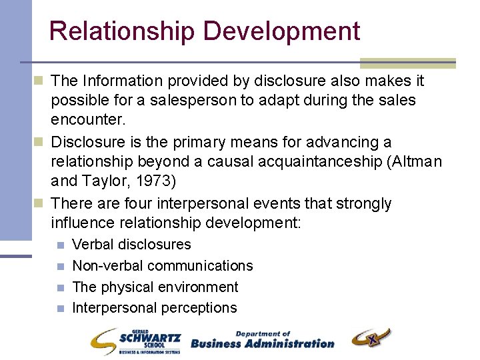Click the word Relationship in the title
(121, 31)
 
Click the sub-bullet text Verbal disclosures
(131, 245)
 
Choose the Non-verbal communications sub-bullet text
(163, 265)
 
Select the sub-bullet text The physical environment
(155, 287)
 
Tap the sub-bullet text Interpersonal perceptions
(155, 307)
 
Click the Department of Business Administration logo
(262, 340)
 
